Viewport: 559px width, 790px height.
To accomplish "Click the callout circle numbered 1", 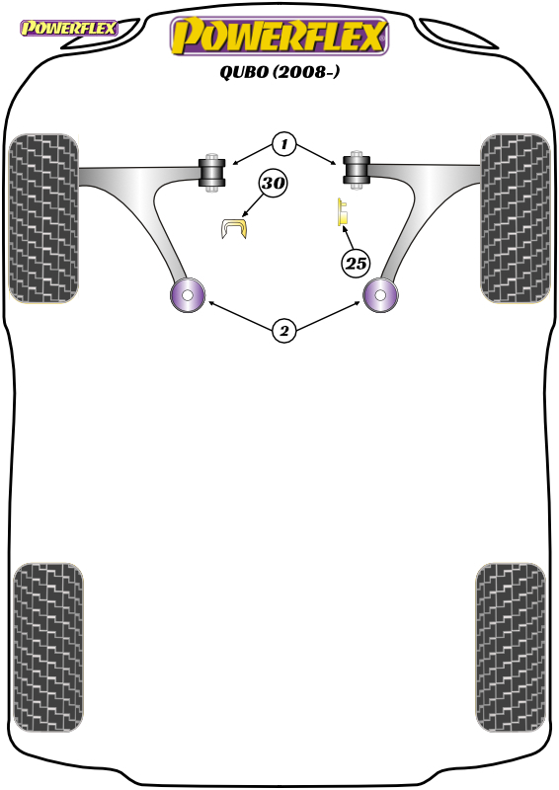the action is (283, 144).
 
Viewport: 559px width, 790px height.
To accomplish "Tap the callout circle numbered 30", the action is (273, 183).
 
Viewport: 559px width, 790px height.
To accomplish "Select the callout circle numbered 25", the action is (356, 263).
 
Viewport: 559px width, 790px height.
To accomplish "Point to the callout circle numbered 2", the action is (283, 331).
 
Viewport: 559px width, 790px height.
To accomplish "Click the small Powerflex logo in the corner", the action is (68, 28).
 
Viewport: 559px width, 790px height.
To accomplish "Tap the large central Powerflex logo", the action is (279, 36).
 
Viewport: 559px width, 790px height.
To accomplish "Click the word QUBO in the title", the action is (244, 72).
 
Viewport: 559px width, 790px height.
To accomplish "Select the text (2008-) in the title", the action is (306, 72).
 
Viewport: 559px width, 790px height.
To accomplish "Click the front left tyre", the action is (43, 218).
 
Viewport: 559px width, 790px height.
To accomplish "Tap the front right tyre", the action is (515, 218).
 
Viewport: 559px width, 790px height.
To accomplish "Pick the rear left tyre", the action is (47, 648).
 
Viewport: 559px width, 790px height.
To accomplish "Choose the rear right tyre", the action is (511, 648).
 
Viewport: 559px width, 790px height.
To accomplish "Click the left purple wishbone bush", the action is (188, 294).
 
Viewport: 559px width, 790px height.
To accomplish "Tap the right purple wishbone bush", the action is (380, 294).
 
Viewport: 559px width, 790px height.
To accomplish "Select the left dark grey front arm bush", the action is (212, 172).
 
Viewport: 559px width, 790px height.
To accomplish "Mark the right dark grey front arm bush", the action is (357, 170).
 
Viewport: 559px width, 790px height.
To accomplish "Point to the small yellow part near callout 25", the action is (343, 212).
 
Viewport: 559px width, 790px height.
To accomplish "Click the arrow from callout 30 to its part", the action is (253, 205).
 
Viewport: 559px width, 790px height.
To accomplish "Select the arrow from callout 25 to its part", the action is (349, 238).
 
